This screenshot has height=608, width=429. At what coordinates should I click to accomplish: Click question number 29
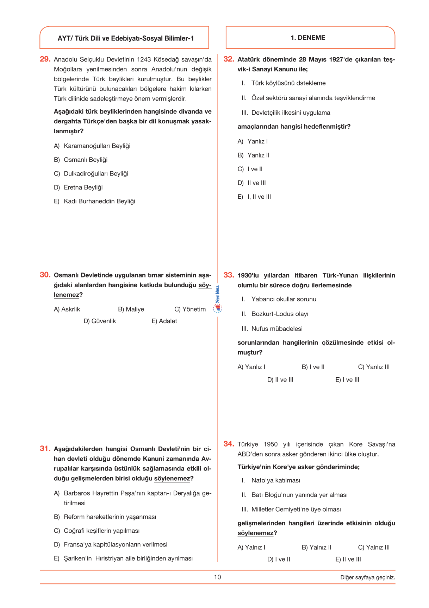[45, 59]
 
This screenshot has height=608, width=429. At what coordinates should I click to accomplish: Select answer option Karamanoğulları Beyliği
[97, 146]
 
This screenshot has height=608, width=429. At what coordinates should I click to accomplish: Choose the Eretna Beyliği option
[83, 187]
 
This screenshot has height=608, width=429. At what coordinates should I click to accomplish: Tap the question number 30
[45, 275]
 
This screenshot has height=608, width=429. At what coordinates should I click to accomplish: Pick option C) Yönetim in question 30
[190, 309]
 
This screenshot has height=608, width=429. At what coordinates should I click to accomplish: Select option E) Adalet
[164, 321]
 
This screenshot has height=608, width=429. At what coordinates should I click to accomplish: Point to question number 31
[45, 449]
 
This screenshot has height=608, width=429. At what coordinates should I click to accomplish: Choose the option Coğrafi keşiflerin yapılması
[101, 531]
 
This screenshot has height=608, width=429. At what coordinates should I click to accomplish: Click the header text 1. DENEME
[308, 38]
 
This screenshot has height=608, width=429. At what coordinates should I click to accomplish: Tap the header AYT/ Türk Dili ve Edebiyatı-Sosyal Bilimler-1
[126, 38]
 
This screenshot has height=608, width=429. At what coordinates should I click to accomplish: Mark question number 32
[229, 59]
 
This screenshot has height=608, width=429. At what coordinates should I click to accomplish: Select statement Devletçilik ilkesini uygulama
[291, 113]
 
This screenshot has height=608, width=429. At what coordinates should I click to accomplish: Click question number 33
[229, 275]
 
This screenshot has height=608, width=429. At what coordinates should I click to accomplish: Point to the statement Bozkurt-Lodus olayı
[280, 314]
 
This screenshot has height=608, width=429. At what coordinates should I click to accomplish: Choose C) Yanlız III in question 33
[374, 367]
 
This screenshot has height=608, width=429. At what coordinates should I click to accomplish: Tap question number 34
[229, 444]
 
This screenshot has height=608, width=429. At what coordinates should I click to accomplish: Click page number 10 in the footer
[217, 577]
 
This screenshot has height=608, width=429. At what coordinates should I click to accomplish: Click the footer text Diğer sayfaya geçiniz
[367, 577]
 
